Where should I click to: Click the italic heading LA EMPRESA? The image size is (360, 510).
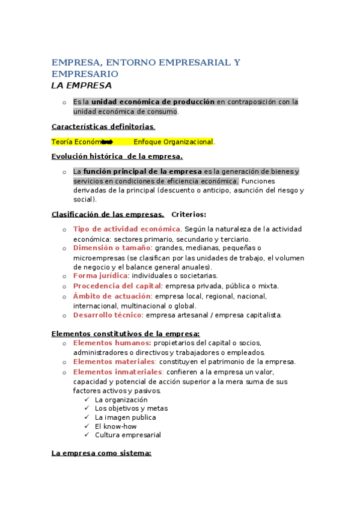point(81,85)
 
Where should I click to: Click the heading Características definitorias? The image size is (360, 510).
point(103,126)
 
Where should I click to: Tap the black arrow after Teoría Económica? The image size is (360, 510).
point(108,142)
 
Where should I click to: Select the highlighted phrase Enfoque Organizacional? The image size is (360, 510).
point(173,142)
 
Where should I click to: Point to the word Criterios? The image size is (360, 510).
point(189,214)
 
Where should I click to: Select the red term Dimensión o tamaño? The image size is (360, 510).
point(112,248)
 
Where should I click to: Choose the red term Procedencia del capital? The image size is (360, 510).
point(117,286)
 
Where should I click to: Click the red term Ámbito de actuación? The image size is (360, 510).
point(112,296)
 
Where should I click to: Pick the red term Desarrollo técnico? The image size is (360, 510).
point(108,315)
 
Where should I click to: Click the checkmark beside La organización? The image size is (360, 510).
point(87,400)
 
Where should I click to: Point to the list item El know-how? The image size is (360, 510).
point(112,426)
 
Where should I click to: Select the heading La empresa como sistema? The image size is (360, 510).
point(101,453)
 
